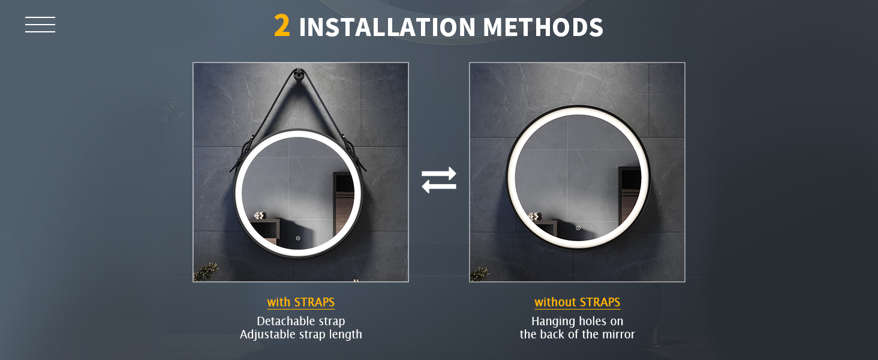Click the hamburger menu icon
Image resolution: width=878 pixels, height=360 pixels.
coord(40,25)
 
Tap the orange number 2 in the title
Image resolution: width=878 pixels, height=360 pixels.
coord(282,26)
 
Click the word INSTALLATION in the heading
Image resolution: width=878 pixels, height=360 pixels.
coord(387,27)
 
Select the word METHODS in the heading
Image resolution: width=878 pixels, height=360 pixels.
coord(543,27)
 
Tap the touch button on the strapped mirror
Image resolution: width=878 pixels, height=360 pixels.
coord(298,238)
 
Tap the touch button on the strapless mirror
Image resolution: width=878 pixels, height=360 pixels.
coord(578,228)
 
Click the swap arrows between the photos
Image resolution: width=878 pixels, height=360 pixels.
coord(439,180)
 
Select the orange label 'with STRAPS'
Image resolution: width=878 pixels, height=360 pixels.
coord(301,302)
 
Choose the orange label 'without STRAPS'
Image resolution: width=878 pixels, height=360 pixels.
coord(578,302)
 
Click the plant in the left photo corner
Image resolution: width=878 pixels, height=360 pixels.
coord(206,272)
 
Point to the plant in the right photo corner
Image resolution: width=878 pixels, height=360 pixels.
coord(480,274)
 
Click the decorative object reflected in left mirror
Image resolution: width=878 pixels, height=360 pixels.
coord(260,215)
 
